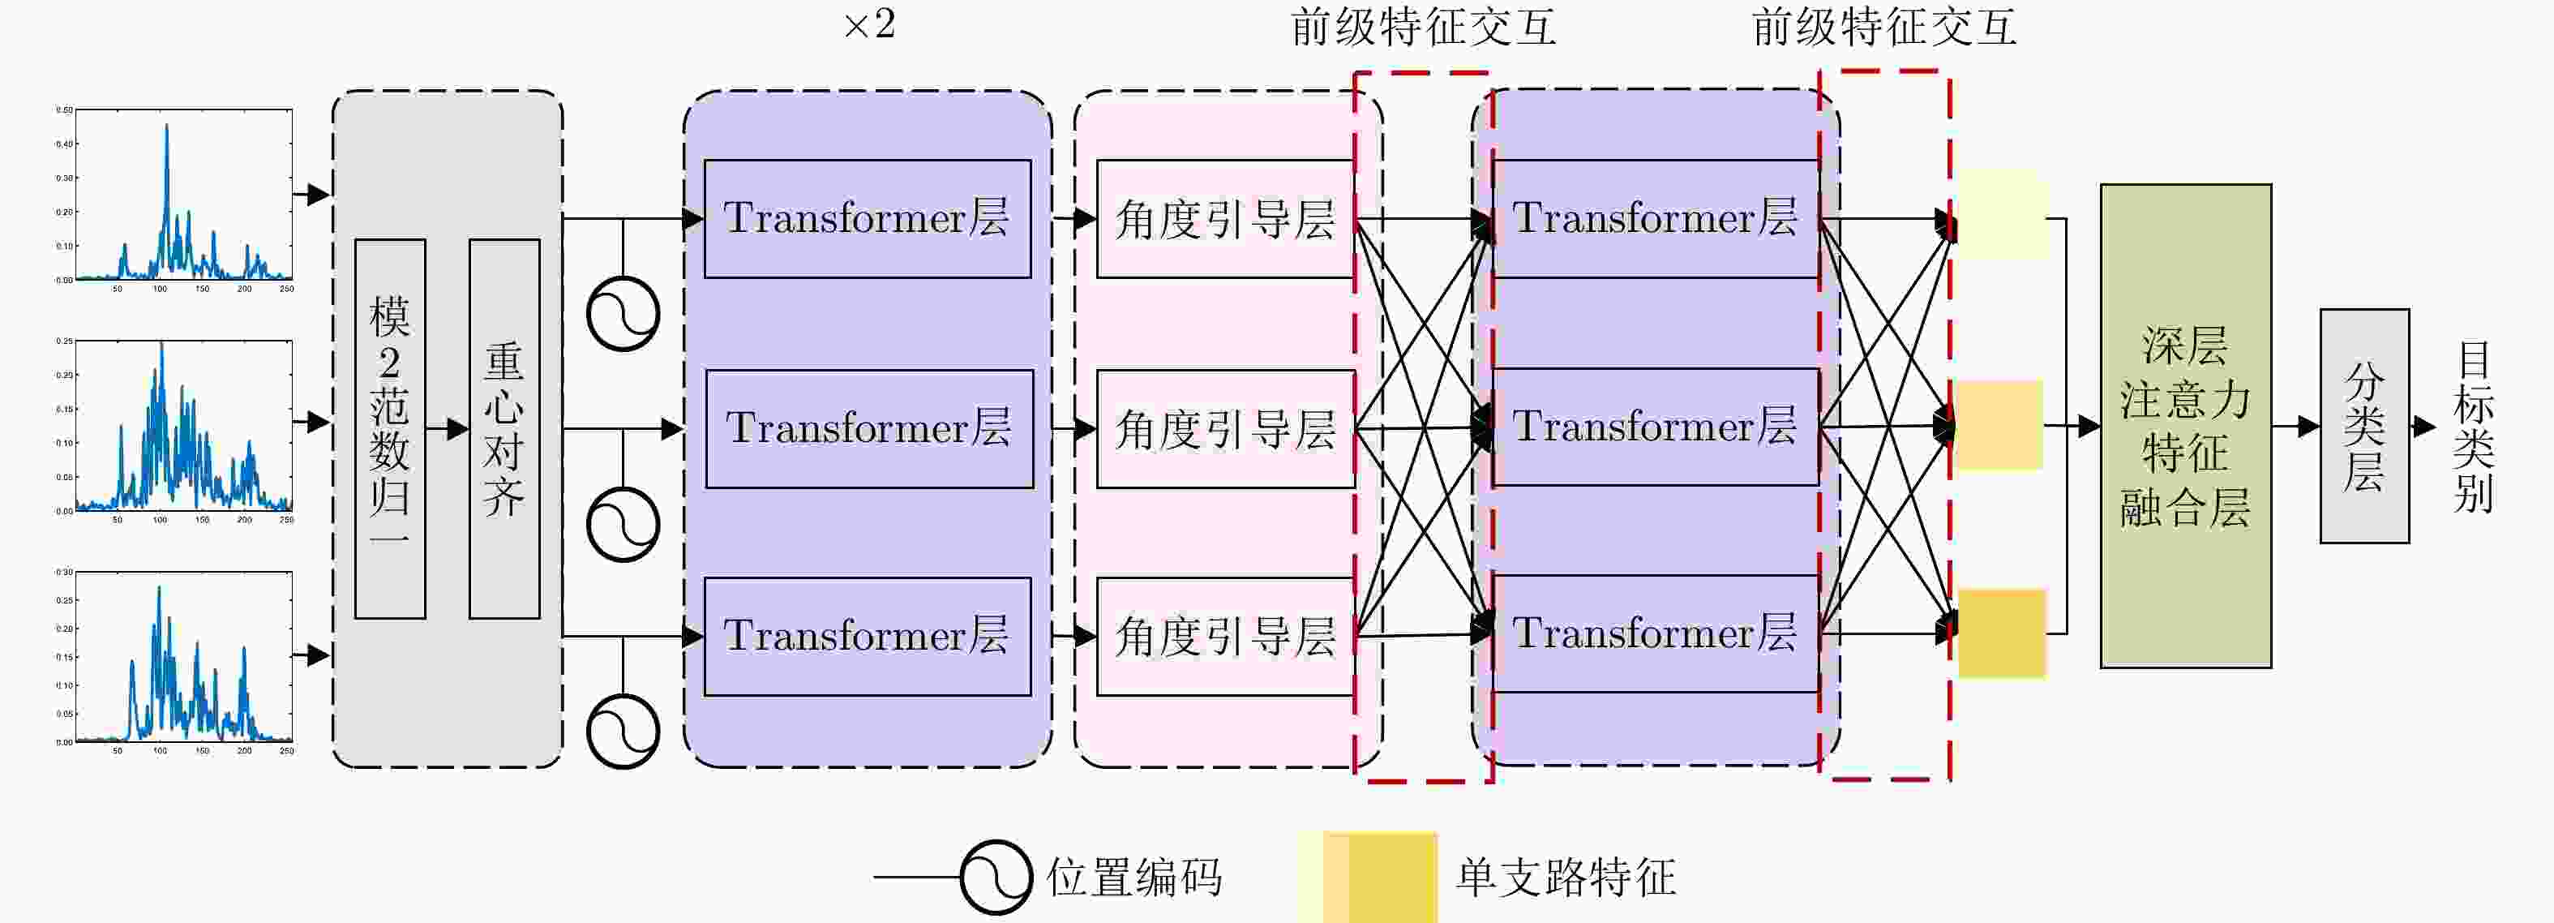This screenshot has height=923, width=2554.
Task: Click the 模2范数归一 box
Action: coord(390,428)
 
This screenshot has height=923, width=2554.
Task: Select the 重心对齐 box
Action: coord(504,428)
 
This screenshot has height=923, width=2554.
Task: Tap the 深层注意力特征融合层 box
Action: coord(2185,427)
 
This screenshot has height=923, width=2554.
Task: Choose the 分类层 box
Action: coord(2363,427)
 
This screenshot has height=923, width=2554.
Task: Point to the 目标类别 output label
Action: coord(2473,427)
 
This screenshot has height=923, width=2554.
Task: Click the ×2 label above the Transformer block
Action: coord(869,25)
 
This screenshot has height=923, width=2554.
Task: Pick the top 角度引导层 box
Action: coord(1225,219)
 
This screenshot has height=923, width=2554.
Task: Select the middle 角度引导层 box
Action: coord(1225,429)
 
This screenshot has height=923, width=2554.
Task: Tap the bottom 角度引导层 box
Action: coord(1225,637)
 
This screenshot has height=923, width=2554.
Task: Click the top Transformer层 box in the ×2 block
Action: coord(868,219)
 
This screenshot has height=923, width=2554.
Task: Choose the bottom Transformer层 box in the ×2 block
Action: coord(868,637)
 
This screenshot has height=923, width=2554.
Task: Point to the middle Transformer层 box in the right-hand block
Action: coord(1655,427)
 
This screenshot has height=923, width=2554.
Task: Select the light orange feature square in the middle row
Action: coord(1999,424)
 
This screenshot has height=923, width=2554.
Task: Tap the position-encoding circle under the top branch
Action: coord(623,314)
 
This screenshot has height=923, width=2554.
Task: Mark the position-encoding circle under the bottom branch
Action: coord(623,732)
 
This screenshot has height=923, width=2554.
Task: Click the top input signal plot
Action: coord(183,195)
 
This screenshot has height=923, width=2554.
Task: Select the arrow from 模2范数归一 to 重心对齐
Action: coord(447,429)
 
